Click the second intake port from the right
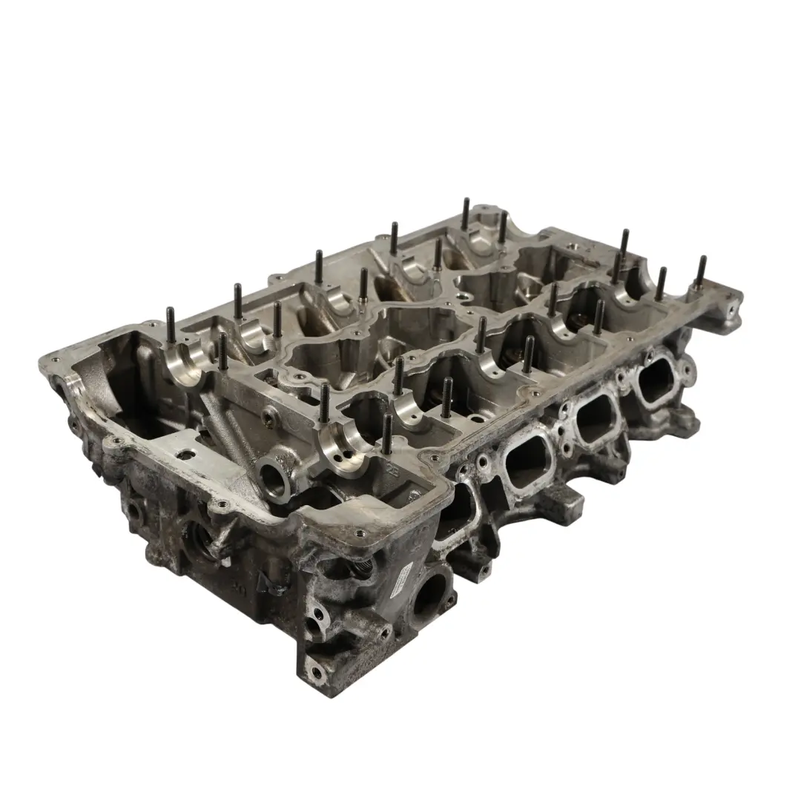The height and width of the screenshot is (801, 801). coord(594,418)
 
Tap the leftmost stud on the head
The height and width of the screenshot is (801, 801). coord(171,326)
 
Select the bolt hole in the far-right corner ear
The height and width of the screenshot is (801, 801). coord(731,304)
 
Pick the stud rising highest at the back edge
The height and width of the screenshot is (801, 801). coord(465,214)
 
